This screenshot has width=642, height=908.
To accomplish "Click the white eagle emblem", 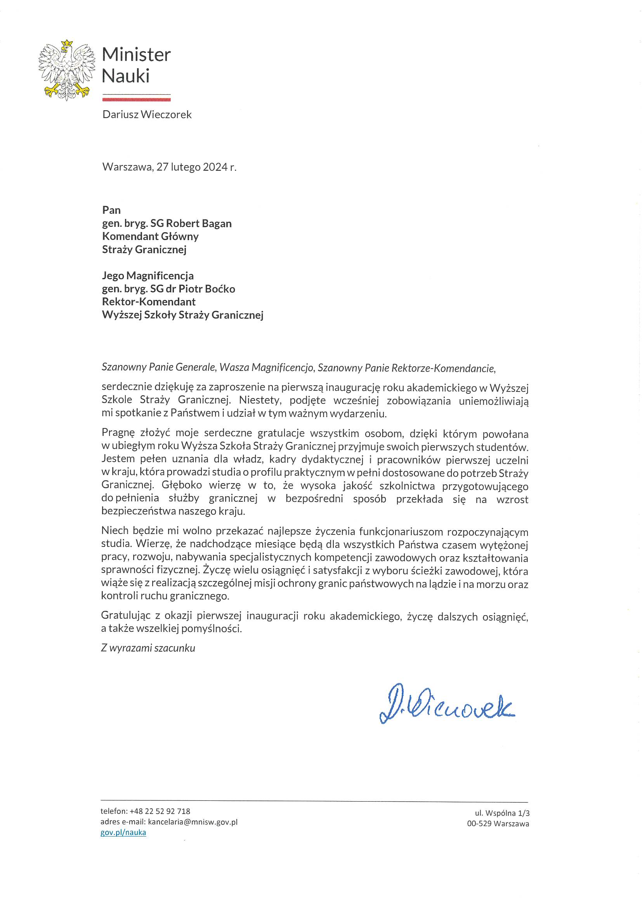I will click(67, 70).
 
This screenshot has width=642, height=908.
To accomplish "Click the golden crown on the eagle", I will click(68, 43).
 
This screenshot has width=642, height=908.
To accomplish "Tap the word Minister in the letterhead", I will click(136, 55).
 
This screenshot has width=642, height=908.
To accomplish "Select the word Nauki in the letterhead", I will click(126, 76).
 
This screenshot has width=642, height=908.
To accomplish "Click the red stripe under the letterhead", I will click(136, 100).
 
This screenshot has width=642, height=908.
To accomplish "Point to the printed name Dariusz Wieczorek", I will click(147, 115).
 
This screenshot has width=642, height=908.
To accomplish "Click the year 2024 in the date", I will click(215, 167).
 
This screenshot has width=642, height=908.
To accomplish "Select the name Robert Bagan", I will click(198, 223).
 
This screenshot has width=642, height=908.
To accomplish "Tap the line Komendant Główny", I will click(150, 237).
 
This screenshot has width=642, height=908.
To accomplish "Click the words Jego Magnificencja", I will click(148, 276).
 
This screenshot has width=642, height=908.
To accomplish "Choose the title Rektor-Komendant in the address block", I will click(149, 302).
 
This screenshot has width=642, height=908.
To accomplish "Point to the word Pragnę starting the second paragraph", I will click(118, 433).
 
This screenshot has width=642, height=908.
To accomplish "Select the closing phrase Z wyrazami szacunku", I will click(148, 648).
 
